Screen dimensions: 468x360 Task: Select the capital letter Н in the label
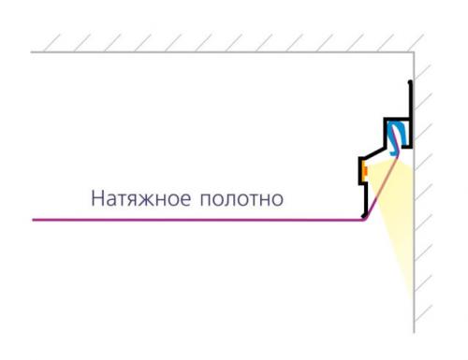click(97, 199)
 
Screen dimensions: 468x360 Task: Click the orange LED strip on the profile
click(364, 171)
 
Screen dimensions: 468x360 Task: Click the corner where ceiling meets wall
click(413, 52)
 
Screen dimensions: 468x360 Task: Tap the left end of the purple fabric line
click(34, 220)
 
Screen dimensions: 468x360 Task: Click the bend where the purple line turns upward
click(364, 219)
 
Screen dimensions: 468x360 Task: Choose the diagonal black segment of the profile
click(375, 150)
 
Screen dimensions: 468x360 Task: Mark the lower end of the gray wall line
click(413, 329)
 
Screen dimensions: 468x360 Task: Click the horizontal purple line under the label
click(187, 220)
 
